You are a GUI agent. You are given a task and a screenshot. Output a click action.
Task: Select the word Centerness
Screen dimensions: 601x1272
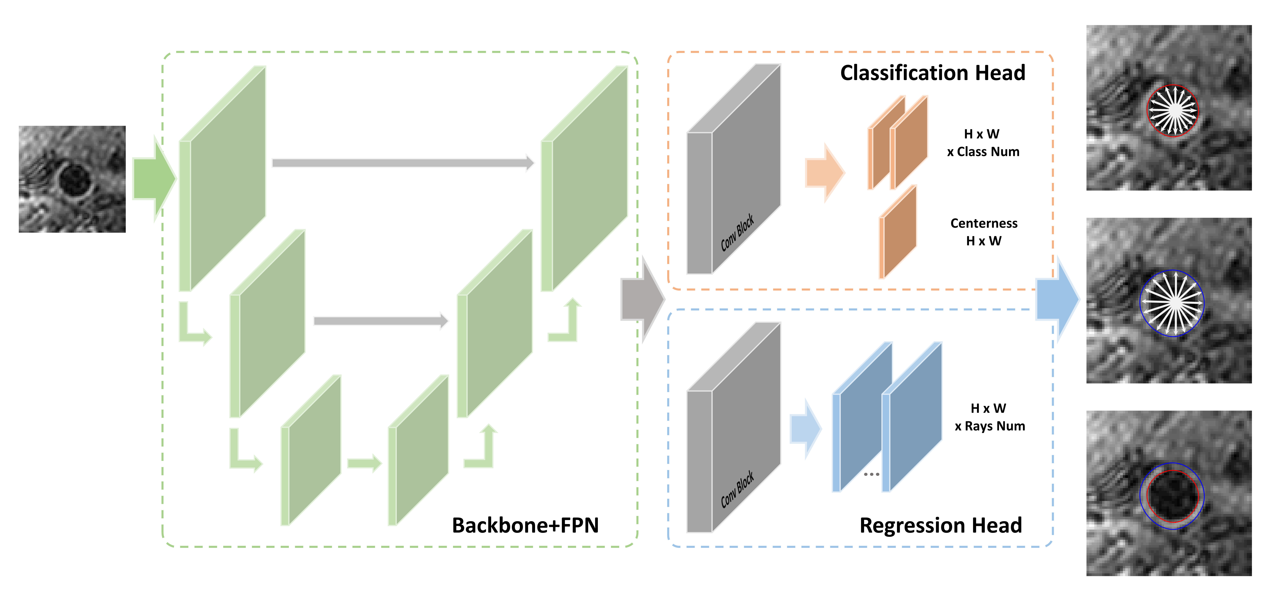pyautogui.click(x=984, y=223)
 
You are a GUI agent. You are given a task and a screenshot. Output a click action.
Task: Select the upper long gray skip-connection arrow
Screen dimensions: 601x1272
pyautogui.click(x=403, y=163)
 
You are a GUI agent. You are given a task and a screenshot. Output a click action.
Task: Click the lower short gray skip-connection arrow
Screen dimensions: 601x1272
pyautogui.click(x=380, y=321)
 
